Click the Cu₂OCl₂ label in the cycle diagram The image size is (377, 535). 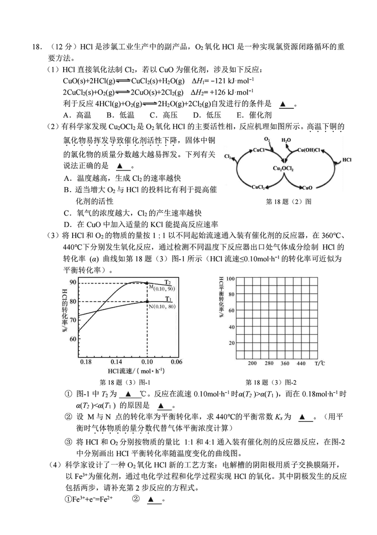click(284, 168)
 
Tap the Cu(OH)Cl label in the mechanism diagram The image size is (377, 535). click(309, 150)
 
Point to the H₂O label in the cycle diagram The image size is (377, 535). click(286, 140)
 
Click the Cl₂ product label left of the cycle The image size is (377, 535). click(228, 157)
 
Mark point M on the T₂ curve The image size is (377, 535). click(148, 283)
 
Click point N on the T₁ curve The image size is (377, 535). click(148, 301)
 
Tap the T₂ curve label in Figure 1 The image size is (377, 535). click(168, 282)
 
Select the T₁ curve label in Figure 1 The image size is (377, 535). click(168, 299)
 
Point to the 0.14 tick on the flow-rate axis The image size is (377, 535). click(116, 362)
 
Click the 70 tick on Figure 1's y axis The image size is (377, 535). click(73, 320)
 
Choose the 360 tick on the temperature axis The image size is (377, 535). click(285, 363)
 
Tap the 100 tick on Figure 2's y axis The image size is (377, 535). click(231, 279)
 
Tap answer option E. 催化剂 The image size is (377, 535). click(254, 114)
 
